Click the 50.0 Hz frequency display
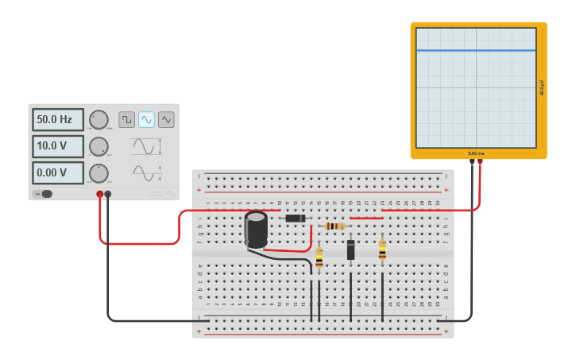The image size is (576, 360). [57, 120]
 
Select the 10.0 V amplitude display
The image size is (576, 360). [57, 146]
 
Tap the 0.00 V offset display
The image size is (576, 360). [57, 172]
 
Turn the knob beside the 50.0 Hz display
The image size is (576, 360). [99, 120]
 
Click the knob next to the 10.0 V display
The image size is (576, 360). [99, 146]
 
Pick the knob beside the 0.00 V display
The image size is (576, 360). [99, 173]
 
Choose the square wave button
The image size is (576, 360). [126, 119]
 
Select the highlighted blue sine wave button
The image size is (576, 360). [146, 119]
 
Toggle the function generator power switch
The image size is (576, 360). [43, 194]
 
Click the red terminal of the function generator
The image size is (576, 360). [100, 194]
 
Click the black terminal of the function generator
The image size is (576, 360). [108, 194]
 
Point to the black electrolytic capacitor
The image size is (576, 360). [256, 229]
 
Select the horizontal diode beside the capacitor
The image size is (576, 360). [296, 218]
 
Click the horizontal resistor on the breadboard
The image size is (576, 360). [335, 226]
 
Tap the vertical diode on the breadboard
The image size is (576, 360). [350, 250]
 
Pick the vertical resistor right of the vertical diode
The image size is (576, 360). [382, 251]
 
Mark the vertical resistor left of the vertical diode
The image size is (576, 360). [319, 258]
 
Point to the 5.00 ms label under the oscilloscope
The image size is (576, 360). [476, 153]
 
